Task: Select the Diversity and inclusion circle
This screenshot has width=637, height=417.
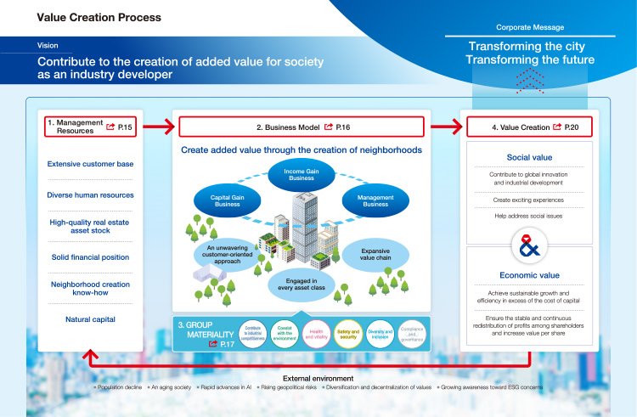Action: (379, 334)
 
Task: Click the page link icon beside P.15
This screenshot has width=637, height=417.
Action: (111, 127)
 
